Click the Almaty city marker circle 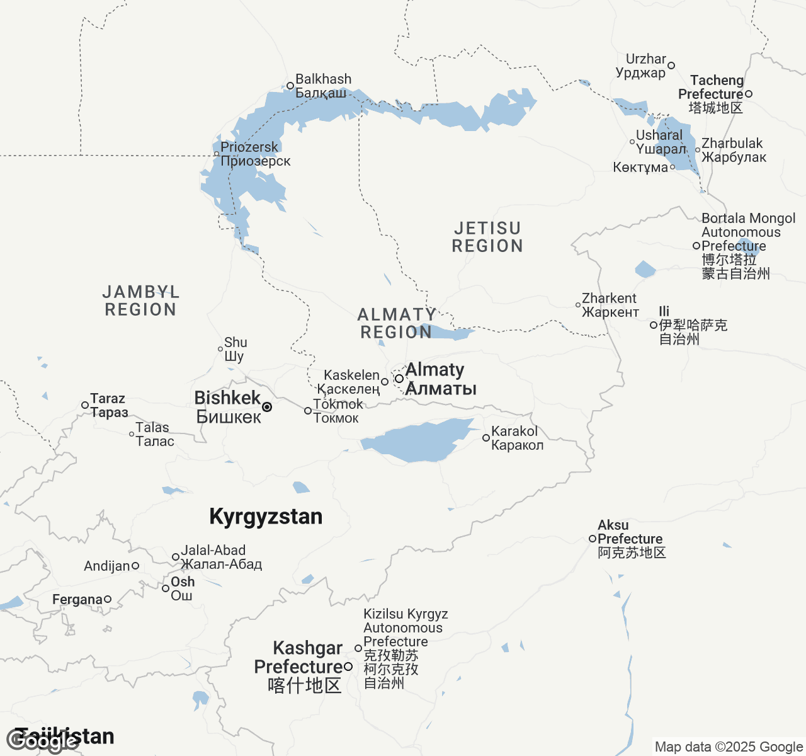point(399,379)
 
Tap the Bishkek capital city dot point(267,407)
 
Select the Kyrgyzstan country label point(266,517)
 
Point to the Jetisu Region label point(487,237)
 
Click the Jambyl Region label point(140,301)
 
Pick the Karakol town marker point(486,438)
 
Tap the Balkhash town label point(323,86)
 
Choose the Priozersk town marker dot point(217,154)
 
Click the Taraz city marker point(85,405)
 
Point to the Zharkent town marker point(578,305)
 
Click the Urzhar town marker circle point(671,66)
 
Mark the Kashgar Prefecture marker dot point(348,667)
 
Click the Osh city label point(183,588)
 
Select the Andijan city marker point(135,566)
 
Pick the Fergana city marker point(108,599)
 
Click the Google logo point(43,741)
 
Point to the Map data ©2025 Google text point(729,747)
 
